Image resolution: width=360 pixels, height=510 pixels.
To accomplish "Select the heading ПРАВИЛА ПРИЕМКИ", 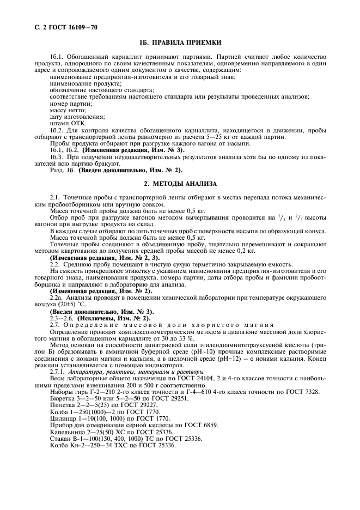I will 179,42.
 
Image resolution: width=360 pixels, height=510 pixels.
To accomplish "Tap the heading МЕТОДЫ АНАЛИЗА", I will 180,183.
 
